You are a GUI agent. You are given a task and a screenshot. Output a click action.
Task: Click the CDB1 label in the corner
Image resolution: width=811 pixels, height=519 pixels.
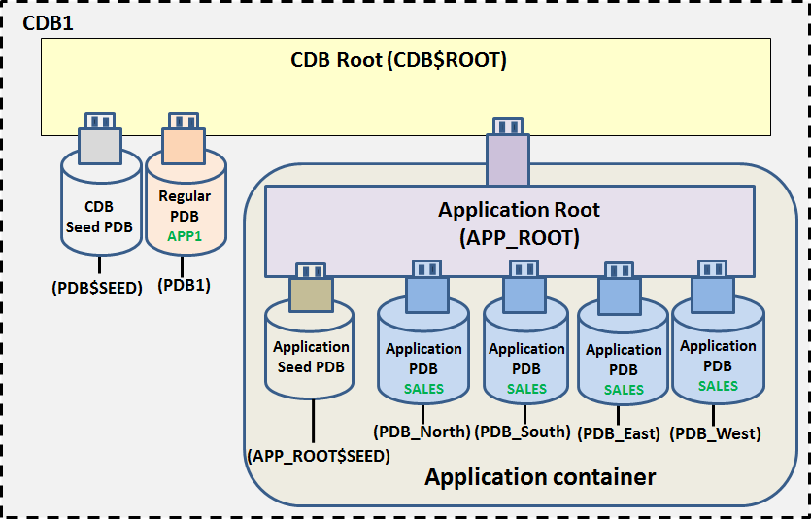pyautogui.click(x=48, y=23)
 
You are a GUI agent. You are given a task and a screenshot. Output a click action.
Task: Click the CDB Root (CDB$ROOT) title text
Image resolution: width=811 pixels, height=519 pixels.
pyautogui.click(x=398, y=60)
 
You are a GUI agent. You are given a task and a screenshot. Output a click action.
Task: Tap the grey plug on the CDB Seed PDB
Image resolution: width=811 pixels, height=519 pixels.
pyautogui.click(x=100, y=138)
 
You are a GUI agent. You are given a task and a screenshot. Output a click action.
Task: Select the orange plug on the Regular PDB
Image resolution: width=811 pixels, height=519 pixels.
pyautogui.click(x=184, y=138)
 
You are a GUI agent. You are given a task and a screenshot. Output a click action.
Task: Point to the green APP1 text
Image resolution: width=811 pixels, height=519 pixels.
pyautogui.click(x=185, y=236)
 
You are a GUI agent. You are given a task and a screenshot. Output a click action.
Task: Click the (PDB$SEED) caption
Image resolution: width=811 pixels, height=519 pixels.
pyautogui.click(x=97, y=288)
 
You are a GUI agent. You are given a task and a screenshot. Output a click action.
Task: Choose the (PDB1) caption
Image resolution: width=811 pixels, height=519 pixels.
pyautogui.click(x=184, y=285)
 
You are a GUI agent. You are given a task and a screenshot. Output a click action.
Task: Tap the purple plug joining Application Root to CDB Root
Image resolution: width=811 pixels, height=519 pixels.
pyautogui.click(x=508, y=151)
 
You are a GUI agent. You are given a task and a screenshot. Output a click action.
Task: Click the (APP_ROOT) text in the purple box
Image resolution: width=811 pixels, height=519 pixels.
pyautogui.click(x=520, y=238)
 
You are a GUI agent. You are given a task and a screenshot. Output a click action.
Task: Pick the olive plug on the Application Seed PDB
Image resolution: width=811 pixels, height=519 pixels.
pyautogui.click(x=311, y=288)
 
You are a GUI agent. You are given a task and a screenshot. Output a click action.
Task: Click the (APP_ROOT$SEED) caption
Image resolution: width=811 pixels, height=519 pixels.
pyautogui.click(x=319, y=456)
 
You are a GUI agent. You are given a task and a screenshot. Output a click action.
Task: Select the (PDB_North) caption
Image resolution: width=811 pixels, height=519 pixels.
pyautogui.click(x=422, y=432)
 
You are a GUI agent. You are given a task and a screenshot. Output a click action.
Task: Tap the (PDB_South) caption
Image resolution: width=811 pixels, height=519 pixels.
pyautogui.click(x=523, y=432)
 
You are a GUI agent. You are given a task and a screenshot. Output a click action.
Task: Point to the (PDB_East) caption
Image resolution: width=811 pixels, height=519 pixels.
pyautogui.click(x=619, y=433)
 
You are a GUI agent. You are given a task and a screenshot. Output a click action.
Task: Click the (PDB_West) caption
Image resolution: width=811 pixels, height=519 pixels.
pyautogui.click(x=715, y=433)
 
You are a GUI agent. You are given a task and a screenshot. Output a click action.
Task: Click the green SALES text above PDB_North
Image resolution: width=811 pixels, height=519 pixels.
pyautogui.click(x=423, y=389)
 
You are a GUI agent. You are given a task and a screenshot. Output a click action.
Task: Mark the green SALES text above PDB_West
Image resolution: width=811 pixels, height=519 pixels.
pyautogui.click(x=718, y=386)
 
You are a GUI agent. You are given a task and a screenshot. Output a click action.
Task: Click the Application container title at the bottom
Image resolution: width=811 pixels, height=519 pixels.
pyautogui.click(x=540, y=476)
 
